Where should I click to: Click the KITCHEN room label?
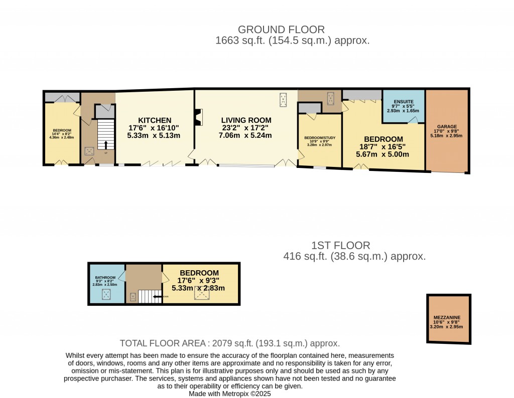tap(155, 120)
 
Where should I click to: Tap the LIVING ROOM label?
tap(246, 120)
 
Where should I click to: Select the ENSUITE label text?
tap(404, 101)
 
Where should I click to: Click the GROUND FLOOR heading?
tap(281, 30)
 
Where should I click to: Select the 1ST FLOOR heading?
tap(340, 246)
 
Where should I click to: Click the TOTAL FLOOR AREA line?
tap(230, 343)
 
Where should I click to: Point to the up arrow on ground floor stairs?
tap(106, 145)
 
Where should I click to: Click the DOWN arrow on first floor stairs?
tap(158, 297)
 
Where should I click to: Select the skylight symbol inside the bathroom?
tap(106, 295)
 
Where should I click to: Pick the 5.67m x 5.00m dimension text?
tap(382, 154)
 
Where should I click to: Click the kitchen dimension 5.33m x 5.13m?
tap(154, 135)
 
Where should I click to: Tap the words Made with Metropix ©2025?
tap(230, 394)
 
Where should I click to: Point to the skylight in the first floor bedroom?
tap(202, 295)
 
